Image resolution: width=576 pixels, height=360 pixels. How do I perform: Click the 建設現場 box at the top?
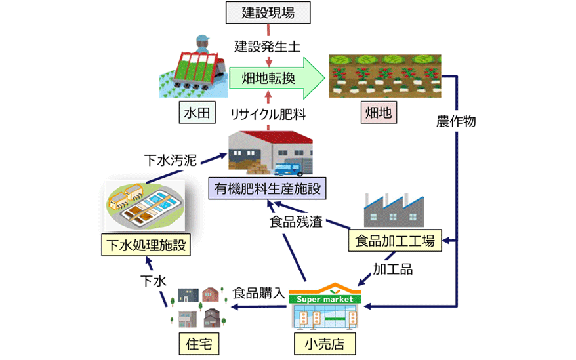268,12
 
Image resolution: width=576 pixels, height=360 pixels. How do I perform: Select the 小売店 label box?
321,343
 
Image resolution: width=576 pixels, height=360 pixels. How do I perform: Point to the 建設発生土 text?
268,47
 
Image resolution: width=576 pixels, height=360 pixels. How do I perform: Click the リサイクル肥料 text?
268,114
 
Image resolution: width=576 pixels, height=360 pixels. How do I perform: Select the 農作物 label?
455,121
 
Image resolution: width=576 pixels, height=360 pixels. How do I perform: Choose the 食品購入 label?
258,293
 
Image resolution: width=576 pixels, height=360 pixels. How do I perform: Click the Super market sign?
325,299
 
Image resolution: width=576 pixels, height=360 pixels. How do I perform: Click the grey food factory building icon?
392,208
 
